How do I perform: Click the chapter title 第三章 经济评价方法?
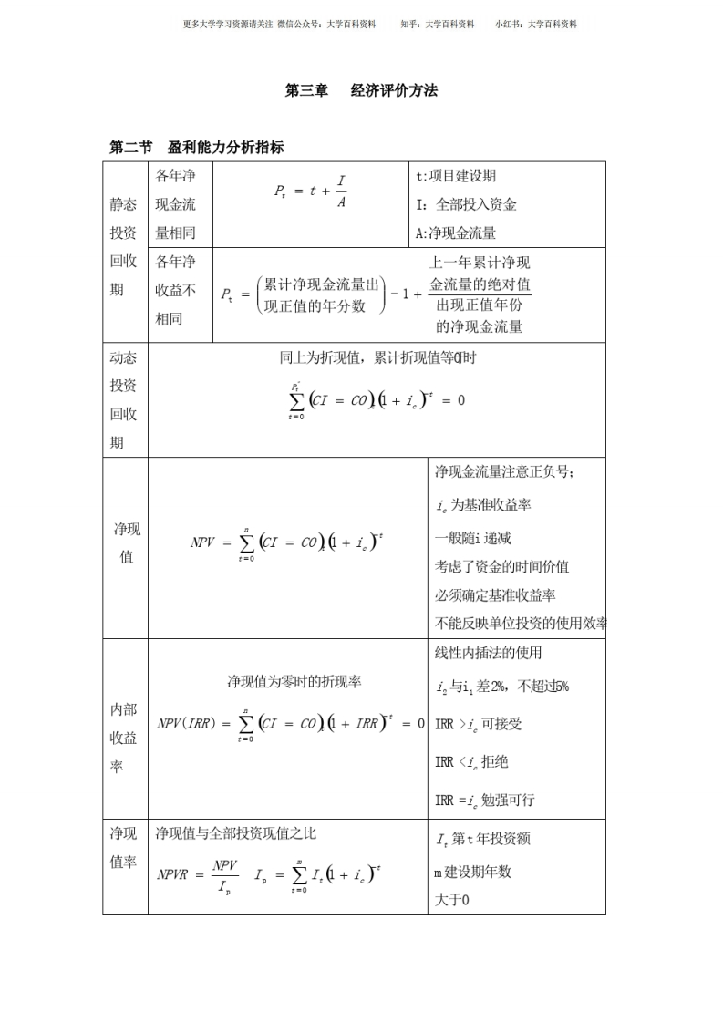coord(361,90)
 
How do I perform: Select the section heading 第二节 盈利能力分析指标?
coord(197,147)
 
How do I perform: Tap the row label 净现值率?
coord(124,847)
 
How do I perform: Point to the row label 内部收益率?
coord(124,738)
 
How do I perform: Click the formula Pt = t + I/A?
coord(311,191)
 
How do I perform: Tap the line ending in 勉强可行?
coord(484,801)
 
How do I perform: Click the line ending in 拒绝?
coord(471,762)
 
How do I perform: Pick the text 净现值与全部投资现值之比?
coord(236,832)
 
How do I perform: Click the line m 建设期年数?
coord(473,872)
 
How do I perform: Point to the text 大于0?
coord(451,900)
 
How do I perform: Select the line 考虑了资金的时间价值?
coord(501,566)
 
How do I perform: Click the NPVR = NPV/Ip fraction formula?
coord(198,873)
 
